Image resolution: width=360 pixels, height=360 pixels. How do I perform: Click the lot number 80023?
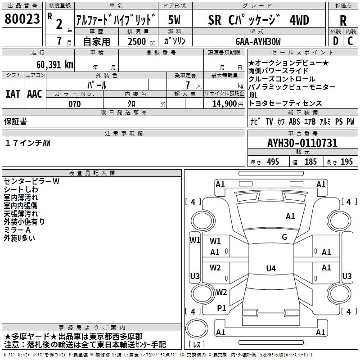(22, 20)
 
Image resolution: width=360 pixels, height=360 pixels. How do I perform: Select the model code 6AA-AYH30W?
(258, 41)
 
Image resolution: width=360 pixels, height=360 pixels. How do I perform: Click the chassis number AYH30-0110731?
(302, 143)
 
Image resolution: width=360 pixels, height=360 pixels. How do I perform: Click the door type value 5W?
(175, 20)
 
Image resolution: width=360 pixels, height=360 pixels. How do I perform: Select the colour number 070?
(75, 104)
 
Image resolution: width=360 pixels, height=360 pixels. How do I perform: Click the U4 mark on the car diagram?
(270, 269)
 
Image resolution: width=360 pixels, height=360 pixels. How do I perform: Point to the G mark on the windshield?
(284, 237)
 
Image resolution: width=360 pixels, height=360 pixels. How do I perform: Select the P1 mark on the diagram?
(221, 308)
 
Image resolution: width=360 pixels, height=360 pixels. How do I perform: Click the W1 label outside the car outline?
(194, 240)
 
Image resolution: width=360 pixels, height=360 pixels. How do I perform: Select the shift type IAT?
(13, 94)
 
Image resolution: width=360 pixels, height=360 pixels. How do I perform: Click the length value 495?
(273, 162)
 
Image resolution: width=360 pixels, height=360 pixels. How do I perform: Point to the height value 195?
(346, 162)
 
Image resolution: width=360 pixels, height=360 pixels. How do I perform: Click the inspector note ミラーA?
(18, 230)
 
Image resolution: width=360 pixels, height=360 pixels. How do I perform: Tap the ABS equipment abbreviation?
(294, 122)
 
